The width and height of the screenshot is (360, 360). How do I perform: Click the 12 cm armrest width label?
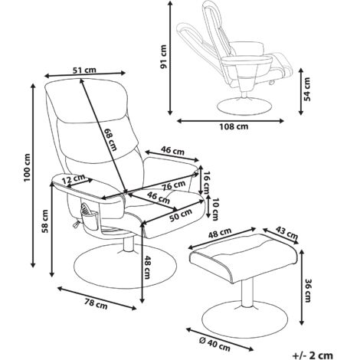(74, 181)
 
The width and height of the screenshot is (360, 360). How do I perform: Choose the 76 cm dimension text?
(175, 185)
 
